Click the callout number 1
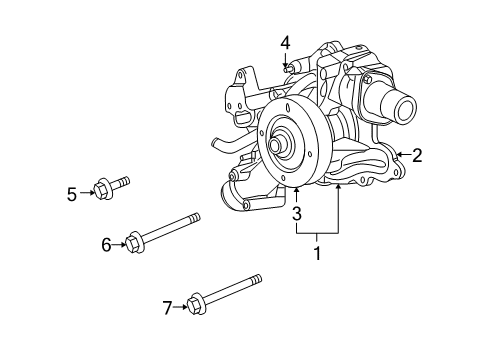click(318, 254)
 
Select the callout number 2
click(417, 155)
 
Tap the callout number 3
click(297, 213)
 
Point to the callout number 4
click(285, 42)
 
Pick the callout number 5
click(72, 194)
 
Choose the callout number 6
click(106, 243)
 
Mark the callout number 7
click(167, 307)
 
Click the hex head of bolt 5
click(102, 188)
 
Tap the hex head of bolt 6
click(135, 241)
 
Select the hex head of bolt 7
click(196, 300)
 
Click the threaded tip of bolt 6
click(194, 217)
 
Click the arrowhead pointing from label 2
click(399, 155)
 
